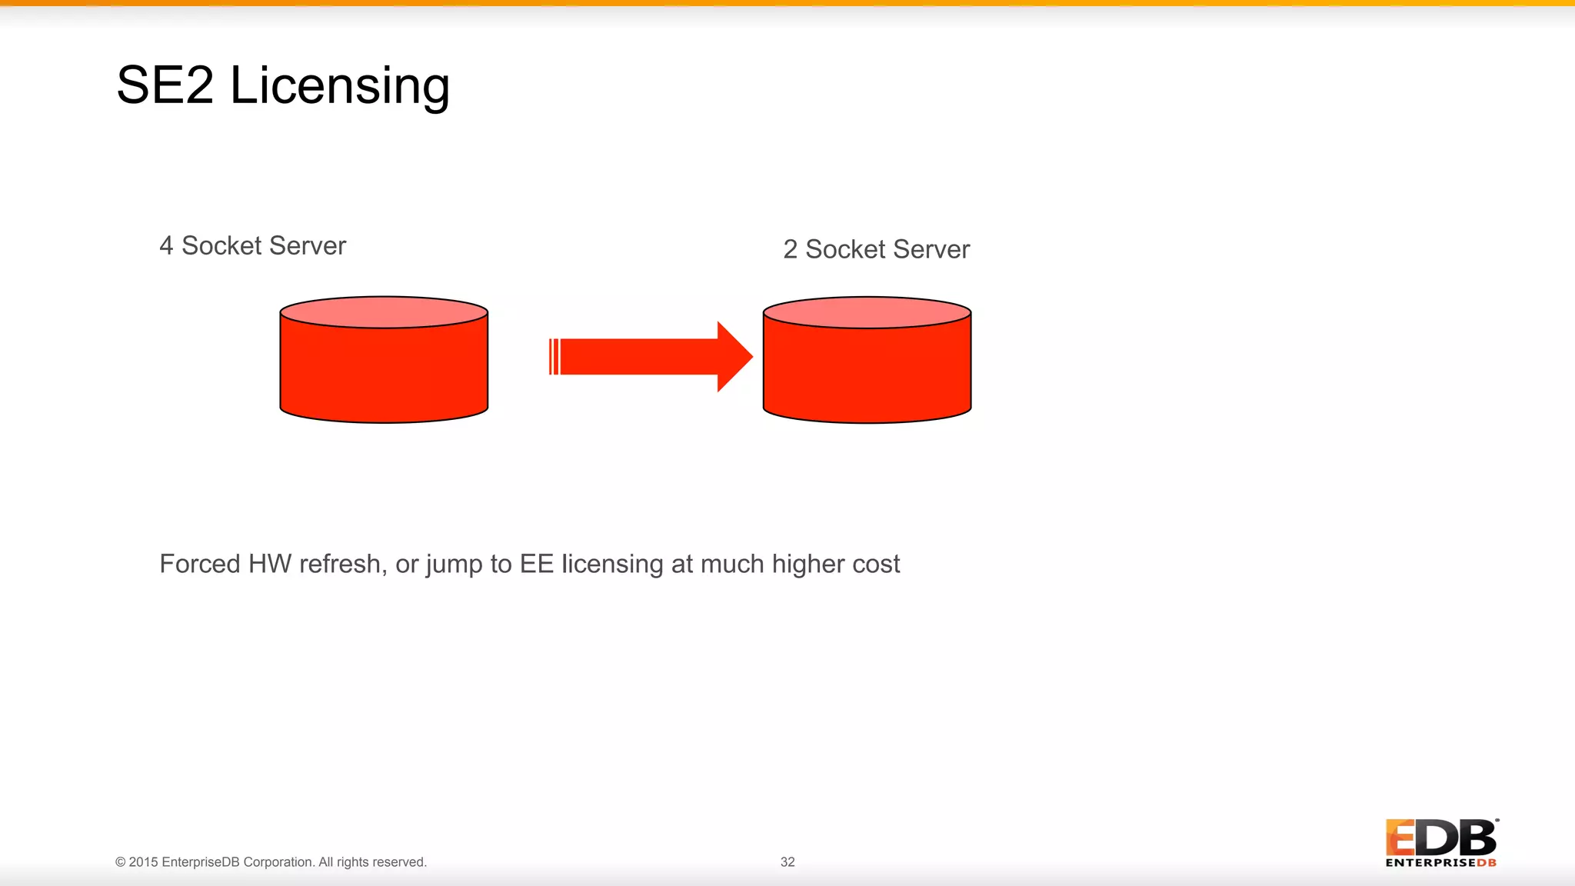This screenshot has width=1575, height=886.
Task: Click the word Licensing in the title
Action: pos(339,85)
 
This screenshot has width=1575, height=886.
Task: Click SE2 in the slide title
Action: pos(165,85)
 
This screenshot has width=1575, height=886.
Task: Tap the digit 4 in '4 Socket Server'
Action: pos(166,246)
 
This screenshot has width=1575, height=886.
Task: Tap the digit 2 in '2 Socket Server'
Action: pos(790,250)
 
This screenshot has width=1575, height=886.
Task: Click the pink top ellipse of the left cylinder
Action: pos(384,312)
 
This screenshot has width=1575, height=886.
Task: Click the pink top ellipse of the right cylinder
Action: pos(867,312)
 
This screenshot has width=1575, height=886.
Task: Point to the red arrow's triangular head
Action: pos(733,357)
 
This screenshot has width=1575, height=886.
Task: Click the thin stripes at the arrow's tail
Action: pos(554,357)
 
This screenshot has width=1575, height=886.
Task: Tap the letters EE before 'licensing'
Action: pos(536,564)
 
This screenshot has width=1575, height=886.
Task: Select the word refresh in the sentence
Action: pos(342,564)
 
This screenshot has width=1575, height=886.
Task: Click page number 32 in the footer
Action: pos(787,862)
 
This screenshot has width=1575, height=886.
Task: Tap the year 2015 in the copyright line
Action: pos(143,862)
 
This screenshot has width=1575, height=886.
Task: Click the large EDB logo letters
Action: pos(1441,838)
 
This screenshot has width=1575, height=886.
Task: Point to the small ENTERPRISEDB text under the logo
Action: pos(1440,863)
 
